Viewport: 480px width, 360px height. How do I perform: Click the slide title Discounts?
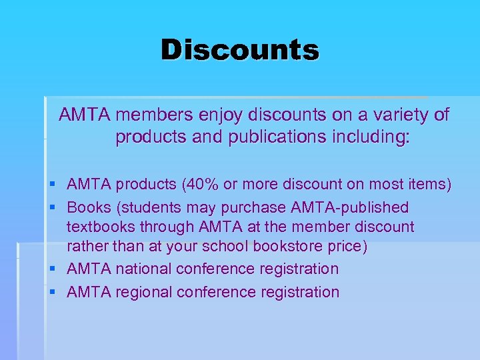240,49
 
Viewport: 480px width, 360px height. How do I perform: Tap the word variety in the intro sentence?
404,115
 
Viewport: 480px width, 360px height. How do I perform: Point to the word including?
369,138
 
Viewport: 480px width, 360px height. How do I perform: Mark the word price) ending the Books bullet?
347,247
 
